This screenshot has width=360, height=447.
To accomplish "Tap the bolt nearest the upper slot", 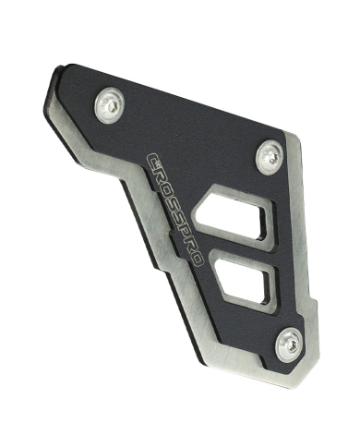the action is pyautogui.click(x=270, y=157).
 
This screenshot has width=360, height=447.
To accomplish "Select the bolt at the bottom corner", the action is pyautogui.click(x=289, y=344).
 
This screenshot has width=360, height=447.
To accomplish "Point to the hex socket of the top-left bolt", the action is pyautogui.click(x=113, y=107).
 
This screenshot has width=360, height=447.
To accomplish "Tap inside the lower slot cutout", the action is pyautogui.click(x=244, y=282).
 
